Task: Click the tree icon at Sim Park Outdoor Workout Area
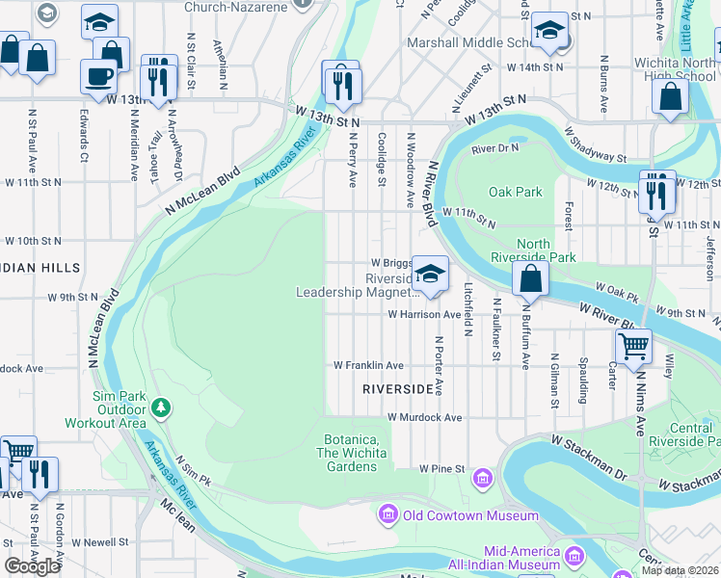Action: click(x=162, y=407)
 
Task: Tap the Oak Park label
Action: click(x=515, y=192)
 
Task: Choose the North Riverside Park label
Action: click(x=546, y=250)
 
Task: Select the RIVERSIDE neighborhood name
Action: click(x=397, y=389)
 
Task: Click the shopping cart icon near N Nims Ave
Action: click(x=633, y=345)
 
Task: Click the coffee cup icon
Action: click(x=98, y=75)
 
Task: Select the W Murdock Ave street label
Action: click(x=425, y=418)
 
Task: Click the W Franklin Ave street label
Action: click(x=368, y=365)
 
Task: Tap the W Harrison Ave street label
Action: click(x=425, y=314)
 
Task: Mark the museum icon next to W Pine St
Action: click(x=483, y=477)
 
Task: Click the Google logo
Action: click(x=33, y=566)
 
